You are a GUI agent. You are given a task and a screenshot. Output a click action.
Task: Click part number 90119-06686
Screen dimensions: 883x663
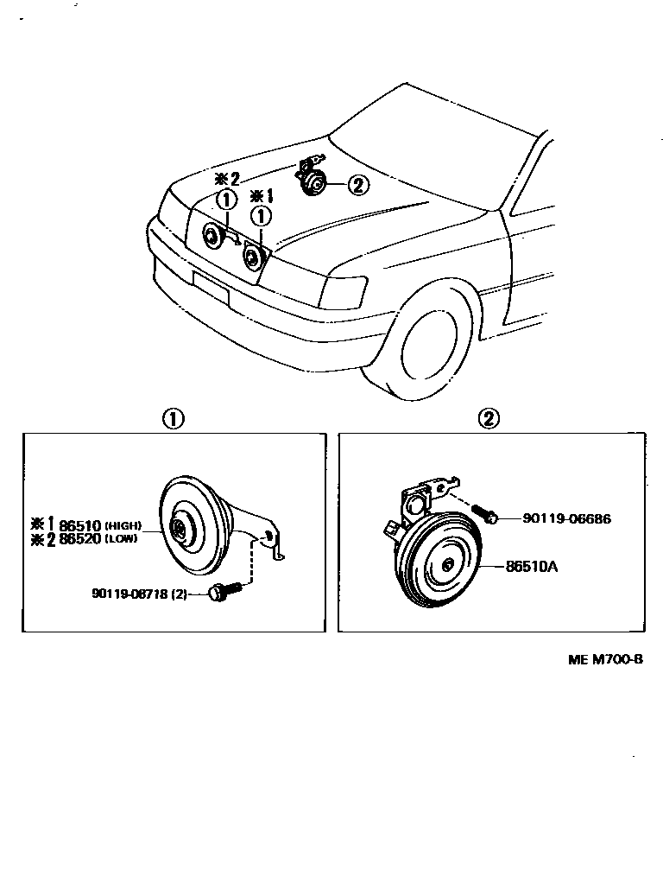pyautogui.click(x=566, y=518)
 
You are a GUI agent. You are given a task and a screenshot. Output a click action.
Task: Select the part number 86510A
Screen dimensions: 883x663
pyautogui.click(x=531, y=568)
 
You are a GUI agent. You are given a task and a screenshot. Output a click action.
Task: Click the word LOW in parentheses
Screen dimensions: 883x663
pyautogui.click(x=120, y=538)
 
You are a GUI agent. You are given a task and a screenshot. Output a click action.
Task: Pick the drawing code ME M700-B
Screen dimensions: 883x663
pyautogui.click(x=604, y=659)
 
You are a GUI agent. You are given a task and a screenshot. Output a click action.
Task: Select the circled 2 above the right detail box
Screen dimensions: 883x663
pyautogui.click(x=488, y=419)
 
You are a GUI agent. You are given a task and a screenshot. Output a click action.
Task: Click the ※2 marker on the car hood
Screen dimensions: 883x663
pyautogui.click(x=226, y=179)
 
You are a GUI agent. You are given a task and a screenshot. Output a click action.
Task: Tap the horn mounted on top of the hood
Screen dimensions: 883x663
pyautogui.click(x=312, y=180)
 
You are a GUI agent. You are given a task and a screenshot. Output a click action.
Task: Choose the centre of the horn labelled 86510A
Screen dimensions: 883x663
pyautogui.click(x=447, y=566)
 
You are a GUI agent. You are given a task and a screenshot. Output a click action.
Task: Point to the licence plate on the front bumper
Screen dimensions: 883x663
pyautogui.click(x=211, y=287)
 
